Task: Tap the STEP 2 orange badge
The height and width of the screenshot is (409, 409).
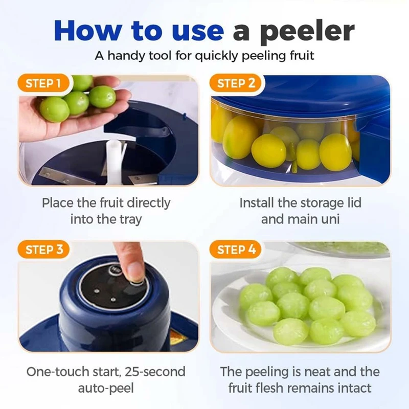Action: pos(236,84)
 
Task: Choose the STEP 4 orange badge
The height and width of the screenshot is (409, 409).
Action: pos(236,250)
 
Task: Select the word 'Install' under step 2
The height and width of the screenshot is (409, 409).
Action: pos(257,203)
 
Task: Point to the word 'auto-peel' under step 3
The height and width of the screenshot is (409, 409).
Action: pos(106,388)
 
